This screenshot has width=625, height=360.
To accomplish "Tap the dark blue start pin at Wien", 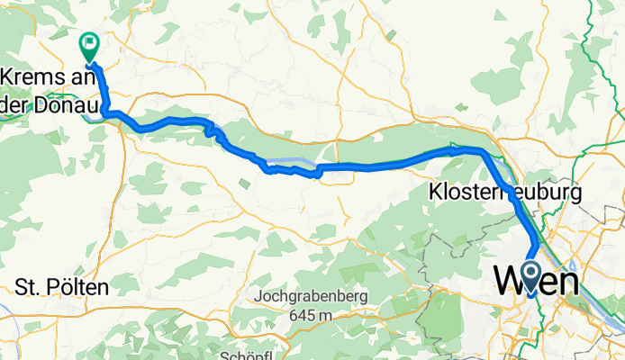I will point(530,277).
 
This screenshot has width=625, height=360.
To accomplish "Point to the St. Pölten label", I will point(62,288).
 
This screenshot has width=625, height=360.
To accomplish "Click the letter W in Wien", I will point(508,283).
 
